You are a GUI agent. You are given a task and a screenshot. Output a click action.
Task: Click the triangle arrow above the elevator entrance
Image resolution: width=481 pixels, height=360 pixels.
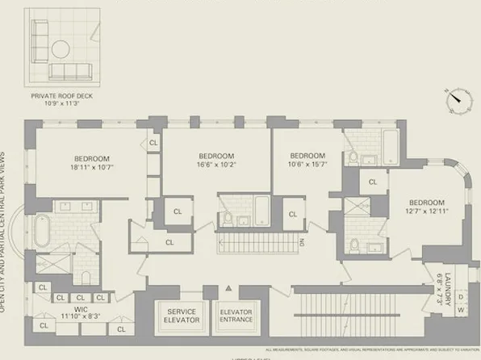coord(229,288)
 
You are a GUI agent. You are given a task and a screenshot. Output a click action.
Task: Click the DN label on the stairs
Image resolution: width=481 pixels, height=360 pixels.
coord(300,241)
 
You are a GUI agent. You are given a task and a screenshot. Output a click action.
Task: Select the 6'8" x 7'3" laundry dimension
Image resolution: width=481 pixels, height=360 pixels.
coord(439,286)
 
